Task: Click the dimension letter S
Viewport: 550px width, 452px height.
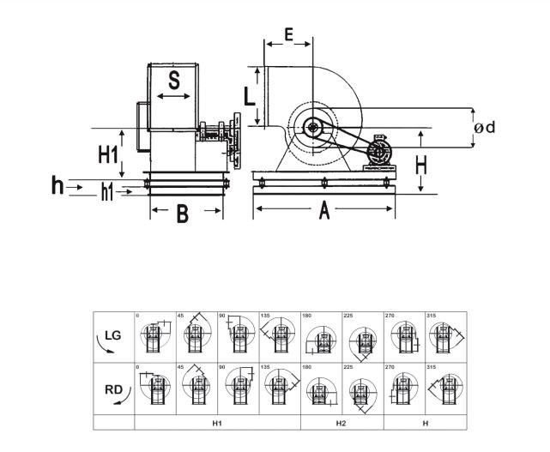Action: click(x=173, y=81)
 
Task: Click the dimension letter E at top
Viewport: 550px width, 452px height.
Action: click(x=288, y=35)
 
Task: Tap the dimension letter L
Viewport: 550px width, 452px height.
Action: click(x=249, y=94)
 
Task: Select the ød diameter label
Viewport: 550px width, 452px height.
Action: click(x=485, y=128)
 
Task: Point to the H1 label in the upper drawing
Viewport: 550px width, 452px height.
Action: click(x=107, y=154)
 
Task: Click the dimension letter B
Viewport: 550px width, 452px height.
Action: click(x=182, y=214)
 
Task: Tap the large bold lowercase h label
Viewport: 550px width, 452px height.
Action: click(x=57, y=184)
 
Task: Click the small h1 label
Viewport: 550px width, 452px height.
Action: click(x=106, y=192)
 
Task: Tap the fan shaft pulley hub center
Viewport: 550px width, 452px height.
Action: click(x=311, y=129)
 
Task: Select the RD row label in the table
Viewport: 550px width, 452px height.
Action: click(x=113, y=389)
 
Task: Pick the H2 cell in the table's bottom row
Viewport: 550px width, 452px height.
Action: click(x=341, y=423)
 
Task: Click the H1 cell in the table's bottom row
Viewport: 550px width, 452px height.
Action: click(x=218, y=423)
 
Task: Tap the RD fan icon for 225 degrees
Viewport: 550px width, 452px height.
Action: click(x=363, y=390)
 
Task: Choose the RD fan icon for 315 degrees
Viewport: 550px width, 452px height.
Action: click(x=445, y=390)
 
